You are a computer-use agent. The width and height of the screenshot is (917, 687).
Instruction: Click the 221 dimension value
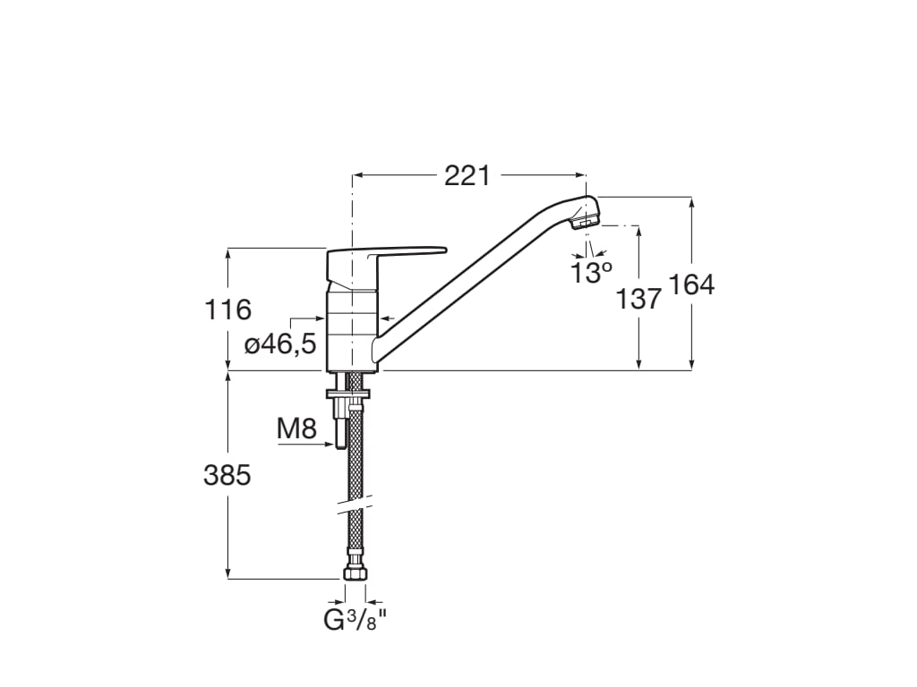(467, 176)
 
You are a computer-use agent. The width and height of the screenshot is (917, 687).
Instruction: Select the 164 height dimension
(691, 284)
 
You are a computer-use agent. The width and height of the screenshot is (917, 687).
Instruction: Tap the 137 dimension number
(638, 299)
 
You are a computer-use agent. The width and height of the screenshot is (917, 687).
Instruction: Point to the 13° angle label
(591, 273)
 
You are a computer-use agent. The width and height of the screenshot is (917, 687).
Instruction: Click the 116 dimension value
(227, 310)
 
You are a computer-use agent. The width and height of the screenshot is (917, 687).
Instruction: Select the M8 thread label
(296, 429)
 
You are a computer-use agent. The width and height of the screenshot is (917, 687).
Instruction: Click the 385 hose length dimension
(227, 475)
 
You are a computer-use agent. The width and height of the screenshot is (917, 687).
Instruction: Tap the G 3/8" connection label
(356, 620)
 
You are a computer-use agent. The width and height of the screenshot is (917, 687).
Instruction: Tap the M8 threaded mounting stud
(340, 425)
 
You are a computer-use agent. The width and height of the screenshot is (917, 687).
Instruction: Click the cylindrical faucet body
(352, 327)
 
